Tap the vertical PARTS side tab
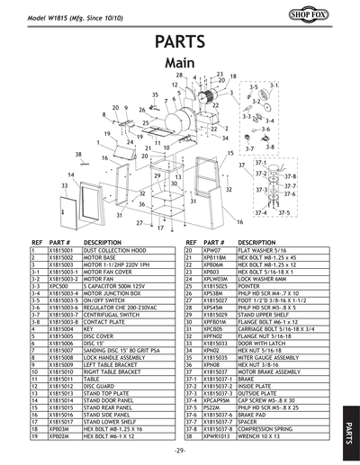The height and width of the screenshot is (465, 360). (349, 421)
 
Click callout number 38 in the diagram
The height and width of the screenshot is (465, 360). (79, 154)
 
